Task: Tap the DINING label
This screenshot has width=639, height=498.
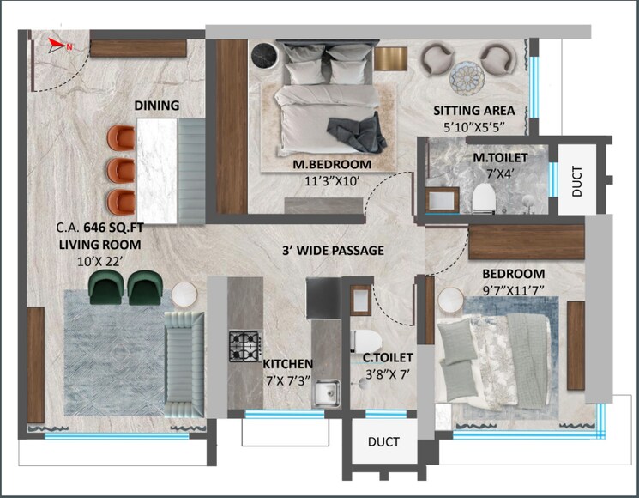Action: pyautogui.click(x=156, y=106)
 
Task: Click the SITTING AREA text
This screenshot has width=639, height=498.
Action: pyautogui.click(x=473, y=111)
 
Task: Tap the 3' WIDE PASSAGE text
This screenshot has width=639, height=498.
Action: pyautogui.click(x=333, y=251)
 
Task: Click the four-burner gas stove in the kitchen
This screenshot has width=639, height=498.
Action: pyautogui.click(x=244, y=345)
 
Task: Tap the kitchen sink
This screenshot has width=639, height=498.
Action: pyautogui.click(x=326, y=394)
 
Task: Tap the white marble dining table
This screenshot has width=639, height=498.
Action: pyautogui.click(x=156, y=163)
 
